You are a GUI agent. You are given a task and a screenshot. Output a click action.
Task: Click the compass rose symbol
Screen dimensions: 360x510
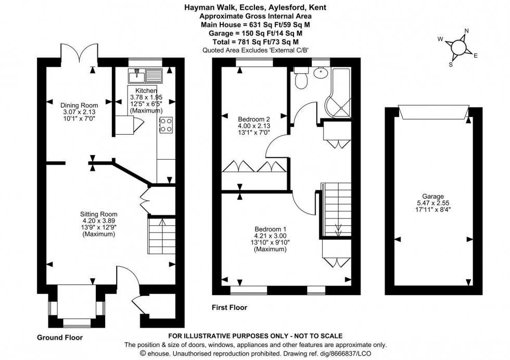tap(458, 47)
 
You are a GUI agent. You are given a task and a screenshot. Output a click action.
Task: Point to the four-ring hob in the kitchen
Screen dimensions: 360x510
tap(165, 125)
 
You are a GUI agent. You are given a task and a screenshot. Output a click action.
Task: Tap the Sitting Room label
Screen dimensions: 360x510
tap(98, 214)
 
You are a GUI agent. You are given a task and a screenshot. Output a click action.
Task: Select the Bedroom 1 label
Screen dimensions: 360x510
tap(270, 229)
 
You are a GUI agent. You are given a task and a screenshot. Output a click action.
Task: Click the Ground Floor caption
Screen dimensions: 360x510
tap(59, 338)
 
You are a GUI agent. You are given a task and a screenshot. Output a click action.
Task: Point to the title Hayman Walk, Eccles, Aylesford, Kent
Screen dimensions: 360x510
tap(255, 8)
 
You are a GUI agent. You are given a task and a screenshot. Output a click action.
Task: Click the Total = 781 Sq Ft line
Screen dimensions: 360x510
tap(255, 41)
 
